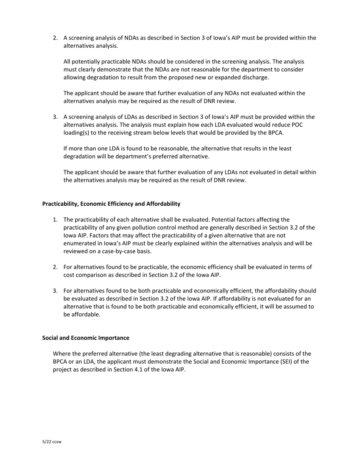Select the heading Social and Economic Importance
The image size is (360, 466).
pyautogui.click(x=86, y=338)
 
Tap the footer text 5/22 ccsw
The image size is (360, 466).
pyautogui.click(x=52, y=442)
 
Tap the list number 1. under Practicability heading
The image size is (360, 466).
pyautogui.click(x=55, y=220)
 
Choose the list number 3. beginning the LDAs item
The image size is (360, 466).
pyautogui.click(x=55, y=117)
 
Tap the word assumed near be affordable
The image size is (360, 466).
pyautogui.click(x=289, y=306)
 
